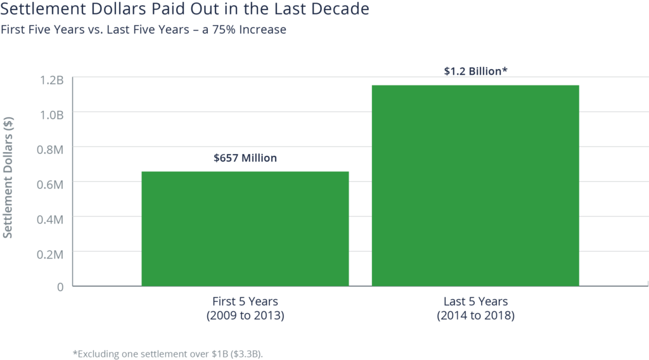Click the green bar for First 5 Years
(x=245, y=228)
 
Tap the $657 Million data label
(x=245, y=158)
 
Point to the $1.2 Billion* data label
(x=475, y=71)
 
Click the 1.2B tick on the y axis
(x=51, y=80)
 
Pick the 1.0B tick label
(x=51, y=115)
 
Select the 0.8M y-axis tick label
(x=51, y=150)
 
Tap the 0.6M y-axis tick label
(x=51, y=184)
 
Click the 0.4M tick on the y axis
(x=51, y=219)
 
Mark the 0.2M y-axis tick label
(x=51, y=254)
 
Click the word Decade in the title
(x=342, y=10)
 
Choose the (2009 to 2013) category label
(x=245, y=315)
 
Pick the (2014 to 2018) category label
(x=475, y=315)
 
